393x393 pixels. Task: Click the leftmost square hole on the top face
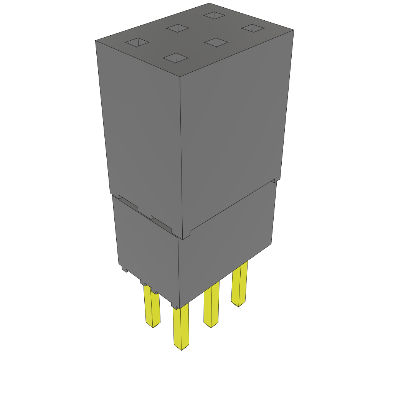pos(137,43)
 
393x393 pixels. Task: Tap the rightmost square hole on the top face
pos(253,28)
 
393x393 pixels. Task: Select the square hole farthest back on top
pos(215,15)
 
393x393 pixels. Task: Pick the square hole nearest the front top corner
pos(175,58)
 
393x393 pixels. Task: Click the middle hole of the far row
pos(178,28)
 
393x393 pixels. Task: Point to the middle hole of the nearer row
pos(216,42)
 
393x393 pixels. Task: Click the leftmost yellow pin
pos(152,307)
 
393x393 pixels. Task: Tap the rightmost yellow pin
pos(239,284)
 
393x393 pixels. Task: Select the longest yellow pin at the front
pos(181,326)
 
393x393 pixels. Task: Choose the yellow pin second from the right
pos(211,305)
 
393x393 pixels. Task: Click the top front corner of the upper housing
pos(180,77)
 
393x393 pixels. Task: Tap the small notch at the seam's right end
pos(274,180)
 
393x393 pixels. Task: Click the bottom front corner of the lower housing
pos(177,307)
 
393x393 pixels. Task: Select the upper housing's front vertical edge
pos(182,154)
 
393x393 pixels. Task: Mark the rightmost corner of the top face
pos(293,30)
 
